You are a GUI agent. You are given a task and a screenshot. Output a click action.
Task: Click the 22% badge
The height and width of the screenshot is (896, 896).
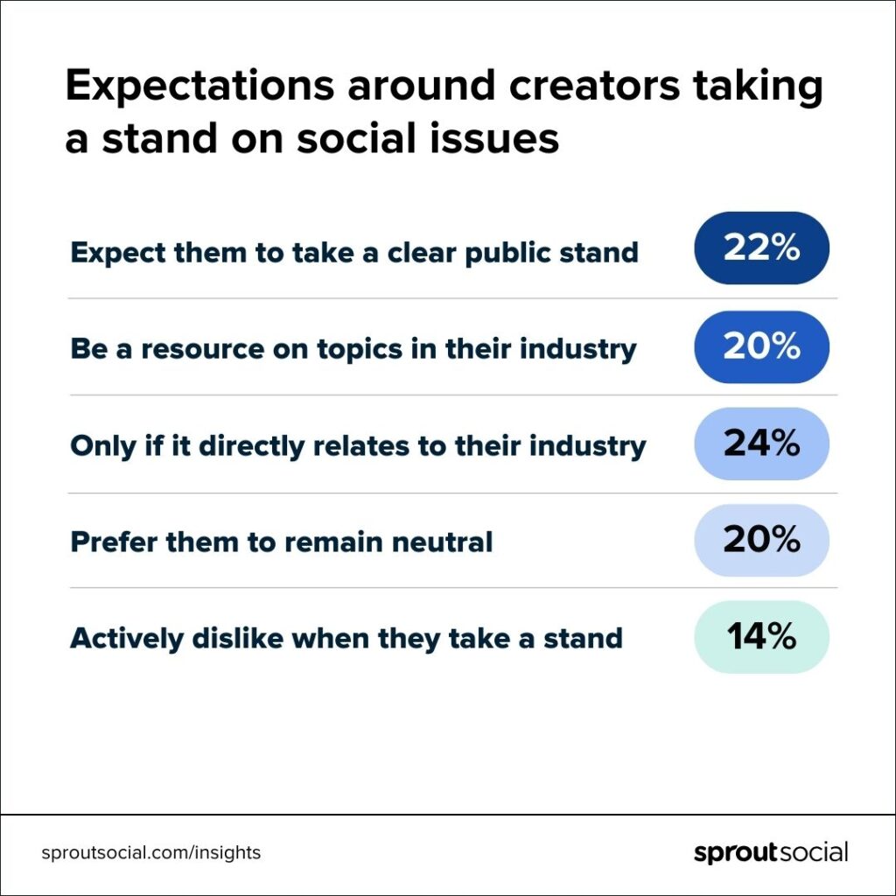click(761, 248)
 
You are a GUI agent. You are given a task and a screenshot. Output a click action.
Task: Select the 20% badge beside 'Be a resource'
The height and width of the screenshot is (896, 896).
click(761, 346)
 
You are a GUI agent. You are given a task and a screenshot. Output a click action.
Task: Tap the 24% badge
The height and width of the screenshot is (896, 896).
click(761, 444)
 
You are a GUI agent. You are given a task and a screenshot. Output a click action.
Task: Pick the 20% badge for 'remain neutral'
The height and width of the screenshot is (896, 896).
click(761, 540)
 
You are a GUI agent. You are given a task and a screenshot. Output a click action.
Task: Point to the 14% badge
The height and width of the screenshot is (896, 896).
click(761, 637)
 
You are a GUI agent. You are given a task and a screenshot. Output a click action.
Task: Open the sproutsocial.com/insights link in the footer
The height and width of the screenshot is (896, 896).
click(150, 852)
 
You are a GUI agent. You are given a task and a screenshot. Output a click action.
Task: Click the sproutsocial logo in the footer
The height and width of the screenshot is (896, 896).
click(771, 852)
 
